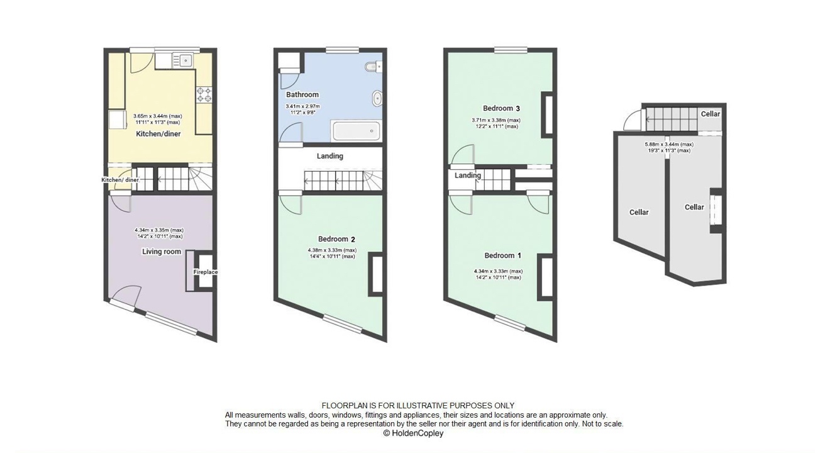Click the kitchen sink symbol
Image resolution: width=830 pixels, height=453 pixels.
[185, 60]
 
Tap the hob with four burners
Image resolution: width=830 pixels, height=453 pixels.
[204, 94]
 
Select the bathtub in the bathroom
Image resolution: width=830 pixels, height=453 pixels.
[357, 131]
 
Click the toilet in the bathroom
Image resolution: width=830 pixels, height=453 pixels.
[372, 66]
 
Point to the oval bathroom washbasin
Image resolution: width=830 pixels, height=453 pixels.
[377, 98]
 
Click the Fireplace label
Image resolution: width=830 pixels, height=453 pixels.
[205, 272]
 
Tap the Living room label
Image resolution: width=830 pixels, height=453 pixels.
[162, 252]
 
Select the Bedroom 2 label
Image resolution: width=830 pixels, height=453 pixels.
[336, 239]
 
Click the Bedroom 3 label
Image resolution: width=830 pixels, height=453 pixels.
[501, 108]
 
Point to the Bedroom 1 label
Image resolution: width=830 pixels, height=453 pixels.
[502, 255]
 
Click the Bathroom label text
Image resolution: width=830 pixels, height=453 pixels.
[302, 95]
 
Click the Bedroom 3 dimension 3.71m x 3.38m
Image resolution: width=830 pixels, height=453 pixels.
[496, 120]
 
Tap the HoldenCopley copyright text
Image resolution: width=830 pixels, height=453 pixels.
[413, 433]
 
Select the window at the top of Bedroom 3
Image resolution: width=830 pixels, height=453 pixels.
[511, 50]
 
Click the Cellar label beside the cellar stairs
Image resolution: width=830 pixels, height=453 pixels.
[710, 114]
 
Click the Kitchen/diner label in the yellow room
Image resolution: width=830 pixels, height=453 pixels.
[158, 134]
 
